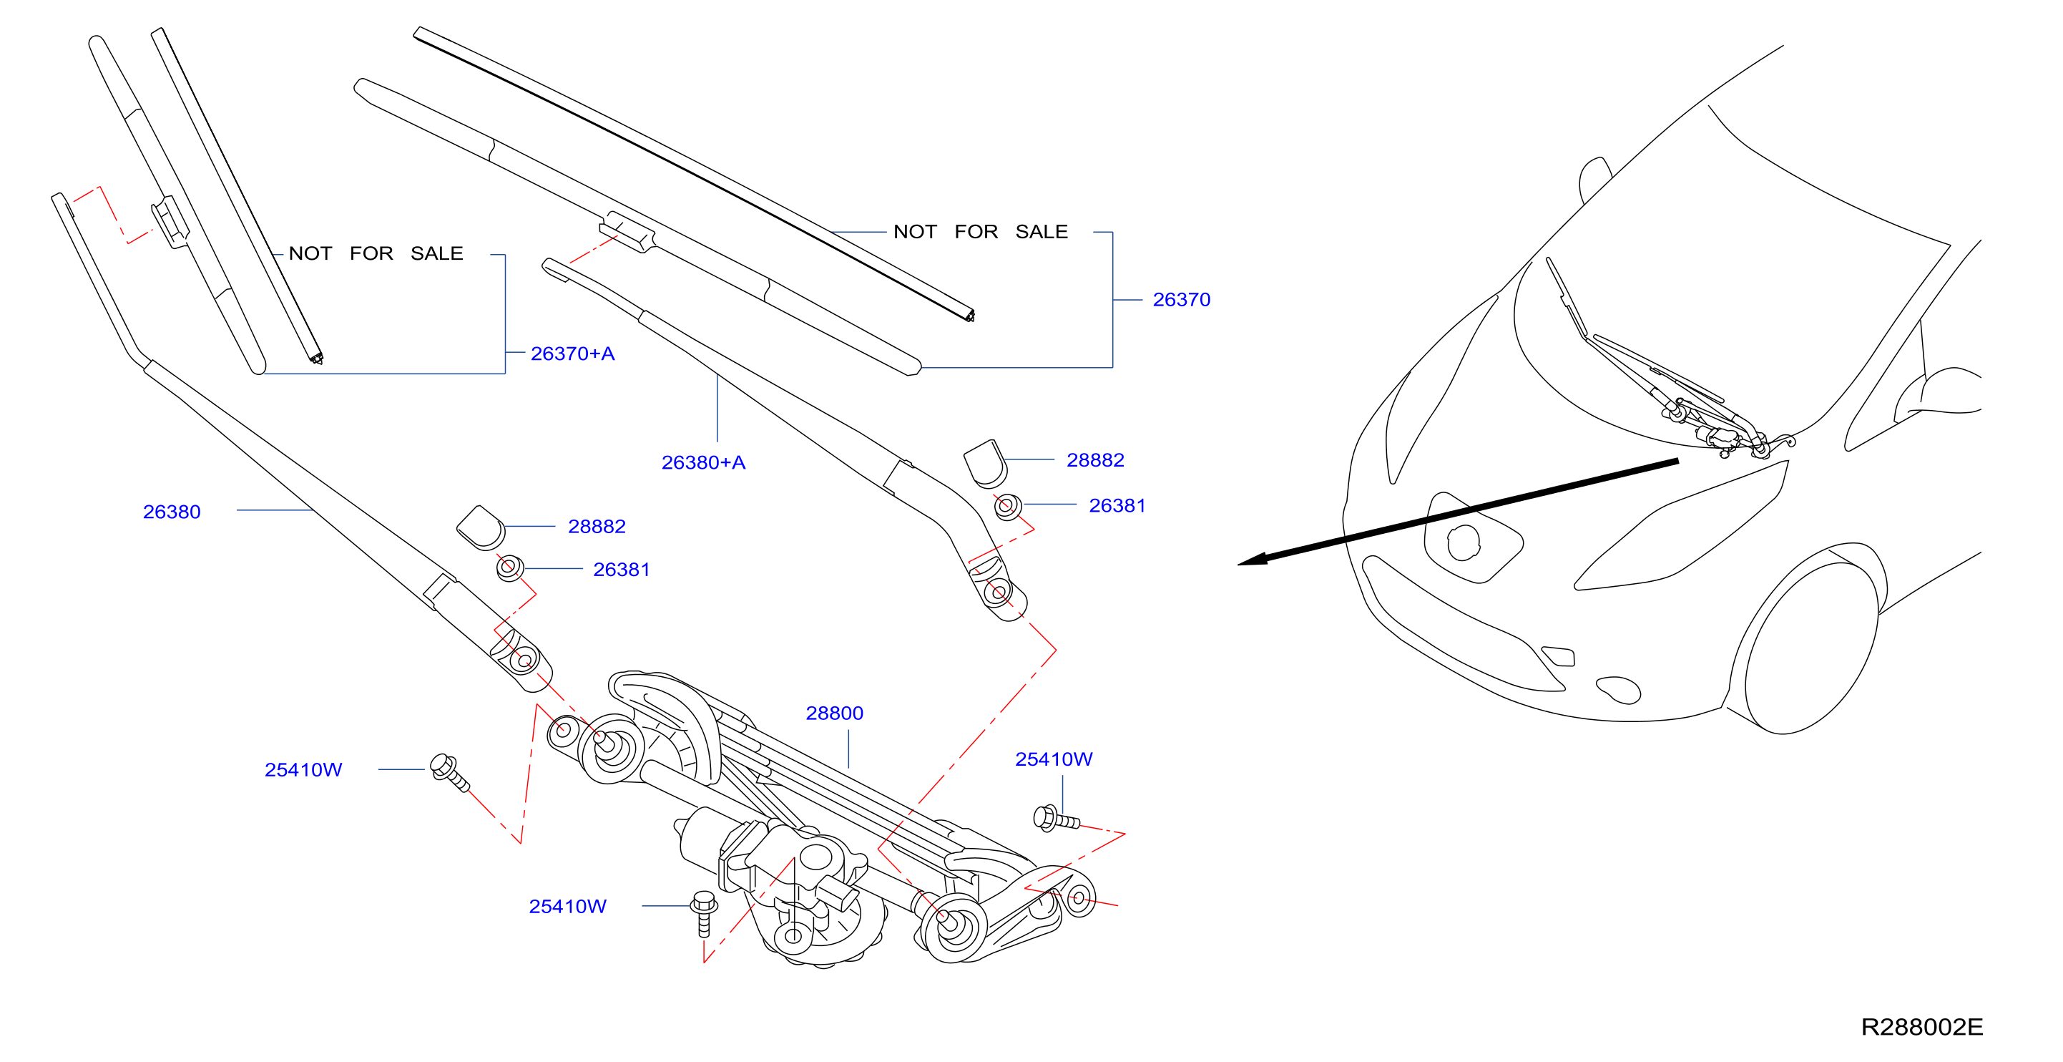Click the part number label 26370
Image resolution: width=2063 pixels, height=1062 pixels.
[x=1181, y=300]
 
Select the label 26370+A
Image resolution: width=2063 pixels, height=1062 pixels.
[x=572, y=354]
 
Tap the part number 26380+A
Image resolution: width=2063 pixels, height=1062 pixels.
[x=703, y=462]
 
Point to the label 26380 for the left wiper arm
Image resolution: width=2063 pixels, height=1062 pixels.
[x=172, y=512]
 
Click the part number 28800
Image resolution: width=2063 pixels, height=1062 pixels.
[x=835, y=713]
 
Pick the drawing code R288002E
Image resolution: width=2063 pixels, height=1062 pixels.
[x=1922, y=1027]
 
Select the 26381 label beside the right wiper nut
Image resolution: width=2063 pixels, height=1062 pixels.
[x=1117, y=505]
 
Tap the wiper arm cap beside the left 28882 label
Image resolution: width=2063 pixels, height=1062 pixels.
[x=481, y=528]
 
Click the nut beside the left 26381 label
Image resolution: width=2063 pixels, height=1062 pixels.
[x=510, y=567]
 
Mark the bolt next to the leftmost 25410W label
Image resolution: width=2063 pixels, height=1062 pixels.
[x=449, y=771]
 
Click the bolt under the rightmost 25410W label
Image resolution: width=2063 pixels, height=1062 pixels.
[x=1057, y=819]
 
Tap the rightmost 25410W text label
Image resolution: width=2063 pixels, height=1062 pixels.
[x=1054, y=759]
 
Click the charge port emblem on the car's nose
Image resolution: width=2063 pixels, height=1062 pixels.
[x=1464, y=543]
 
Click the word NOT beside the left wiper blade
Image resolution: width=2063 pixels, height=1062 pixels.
[x=310, y=253]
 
